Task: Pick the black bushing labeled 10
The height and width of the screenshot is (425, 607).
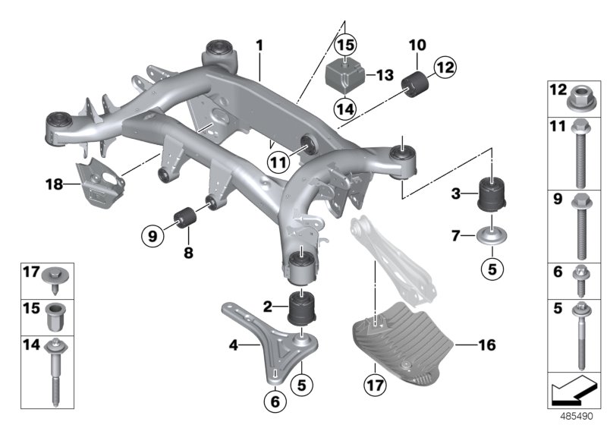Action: (417, 84)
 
